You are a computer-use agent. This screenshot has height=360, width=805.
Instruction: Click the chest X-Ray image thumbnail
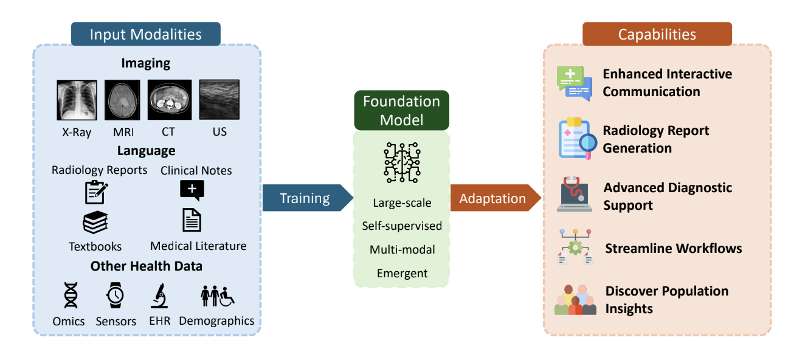coord(77,100)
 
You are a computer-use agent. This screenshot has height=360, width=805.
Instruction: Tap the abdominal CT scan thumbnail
coord(170,100)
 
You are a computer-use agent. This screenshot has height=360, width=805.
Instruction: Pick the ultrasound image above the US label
coord(219,100)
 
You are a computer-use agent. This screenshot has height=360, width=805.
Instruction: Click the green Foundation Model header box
coord(401,110)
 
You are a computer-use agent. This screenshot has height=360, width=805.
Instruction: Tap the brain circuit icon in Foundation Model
coord(401,162)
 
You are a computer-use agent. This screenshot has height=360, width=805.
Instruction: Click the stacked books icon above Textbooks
coord(95,223)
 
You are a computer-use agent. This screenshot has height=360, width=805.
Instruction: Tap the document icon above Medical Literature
coord(192,220)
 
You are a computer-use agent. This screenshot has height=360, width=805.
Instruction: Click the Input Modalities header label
coord(146,34)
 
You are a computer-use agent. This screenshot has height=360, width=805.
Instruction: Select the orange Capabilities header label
coord(657,34)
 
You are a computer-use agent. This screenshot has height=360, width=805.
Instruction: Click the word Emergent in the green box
coord(402,273)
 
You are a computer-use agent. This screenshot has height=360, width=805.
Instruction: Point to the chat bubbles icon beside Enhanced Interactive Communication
coord(574,83)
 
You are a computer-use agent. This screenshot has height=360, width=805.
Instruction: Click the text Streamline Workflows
coord(674,248)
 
